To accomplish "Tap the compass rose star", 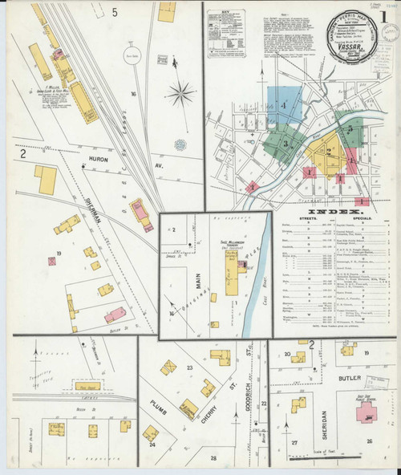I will tap(183, 94).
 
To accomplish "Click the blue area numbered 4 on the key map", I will tap(284, 107).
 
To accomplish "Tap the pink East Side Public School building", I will tap(368, 413).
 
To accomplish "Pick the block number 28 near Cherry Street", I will tap(213, 457).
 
